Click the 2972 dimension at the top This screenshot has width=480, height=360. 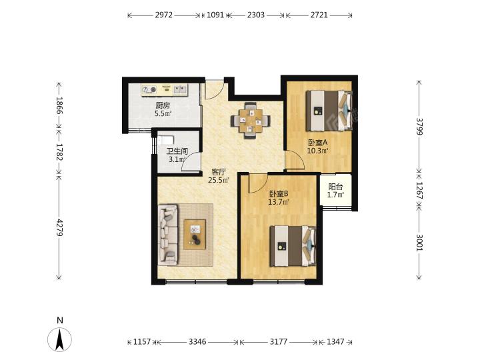(x=164, y=15)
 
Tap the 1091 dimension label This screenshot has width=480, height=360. (x=215, y=15)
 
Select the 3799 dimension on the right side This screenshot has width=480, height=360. (x=419, y=127)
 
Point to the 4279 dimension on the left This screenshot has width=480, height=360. (x=59, y=227)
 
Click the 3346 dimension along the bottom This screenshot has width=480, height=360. (x=197, y=341)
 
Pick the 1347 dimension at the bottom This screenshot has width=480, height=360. (x=335, y=341)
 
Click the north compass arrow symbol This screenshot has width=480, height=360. (x=60, y=339)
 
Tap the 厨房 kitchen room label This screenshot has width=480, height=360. (x=163, y=106)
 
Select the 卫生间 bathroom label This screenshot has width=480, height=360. (x=177, y=151)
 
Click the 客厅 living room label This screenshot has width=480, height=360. (x=219, y=172)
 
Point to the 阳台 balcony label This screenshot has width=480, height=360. (x=335, y=187)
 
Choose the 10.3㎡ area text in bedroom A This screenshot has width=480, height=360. (x=318, y=151)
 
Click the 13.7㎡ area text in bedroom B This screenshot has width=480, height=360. (x=279, y=202)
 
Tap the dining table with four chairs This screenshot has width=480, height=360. (x=251, y=120)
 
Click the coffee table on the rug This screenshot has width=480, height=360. (x=195, y=235)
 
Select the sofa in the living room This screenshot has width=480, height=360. (x=168, y=235)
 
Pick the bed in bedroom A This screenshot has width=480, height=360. (x=329, y=111)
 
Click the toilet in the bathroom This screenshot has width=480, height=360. (x=165, y=140)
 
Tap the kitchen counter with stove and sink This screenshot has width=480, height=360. (x=165, y=90)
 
